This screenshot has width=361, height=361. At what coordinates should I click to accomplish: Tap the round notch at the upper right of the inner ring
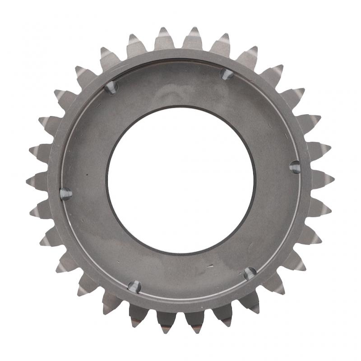coord(227,74)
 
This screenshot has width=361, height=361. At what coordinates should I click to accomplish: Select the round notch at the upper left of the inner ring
coord(111,87)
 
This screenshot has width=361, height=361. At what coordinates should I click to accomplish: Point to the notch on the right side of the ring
coord(295,167)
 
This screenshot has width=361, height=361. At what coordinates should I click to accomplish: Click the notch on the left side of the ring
coord(65,193)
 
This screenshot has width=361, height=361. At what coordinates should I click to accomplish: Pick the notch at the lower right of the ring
coord(250,273)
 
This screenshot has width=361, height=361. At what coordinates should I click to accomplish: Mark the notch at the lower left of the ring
coord(134,286)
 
